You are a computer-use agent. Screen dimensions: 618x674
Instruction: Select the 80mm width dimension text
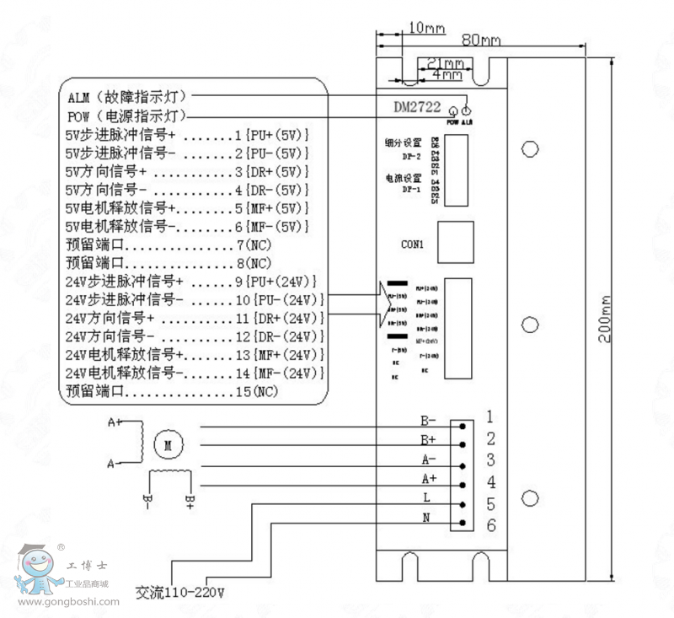coord(481,40)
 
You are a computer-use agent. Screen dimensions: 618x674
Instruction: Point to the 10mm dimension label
coord(425,28)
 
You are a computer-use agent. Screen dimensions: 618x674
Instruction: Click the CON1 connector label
coord(412,244)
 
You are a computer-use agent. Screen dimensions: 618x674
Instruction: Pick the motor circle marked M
coord(168,443)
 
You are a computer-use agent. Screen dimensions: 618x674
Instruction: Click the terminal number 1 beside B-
coord(489,416)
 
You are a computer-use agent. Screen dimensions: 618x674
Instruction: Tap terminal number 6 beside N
coord(490,526)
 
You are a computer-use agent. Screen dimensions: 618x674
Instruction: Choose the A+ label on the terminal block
coord(428,478)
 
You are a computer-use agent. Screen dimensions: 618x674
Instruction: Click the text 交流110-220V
coord(180,591)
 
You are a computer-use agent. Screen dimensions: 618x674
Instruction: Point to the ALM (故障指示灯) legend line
coord(126,97)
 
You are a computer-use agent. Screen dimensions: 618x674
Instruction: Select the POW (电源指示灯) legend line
coord(126,116)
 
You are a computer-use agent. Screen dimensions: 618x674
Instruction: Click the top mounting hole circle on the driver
coord(529,149)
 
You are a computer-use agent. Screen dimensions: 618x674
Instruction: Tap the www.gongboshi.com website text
coord(67,602)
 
